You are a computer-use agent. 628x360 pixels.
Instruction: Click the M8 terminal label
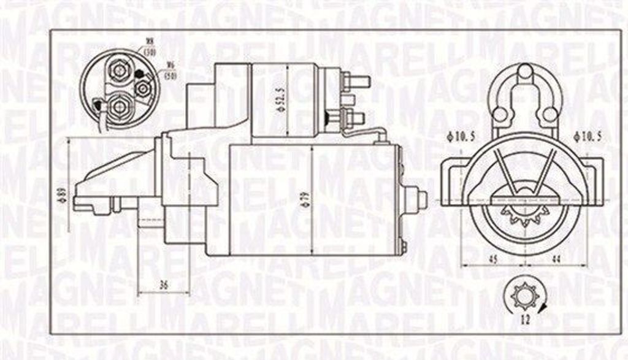coord(149,42)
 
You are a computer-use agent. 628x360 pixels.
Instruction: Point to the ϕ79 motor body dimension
coord(319,200)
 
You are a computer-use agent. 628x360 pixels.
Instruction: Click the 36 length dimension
coord(163,284)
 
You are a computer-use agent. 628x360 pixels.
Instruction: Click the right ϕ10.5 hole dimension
coord(588,136)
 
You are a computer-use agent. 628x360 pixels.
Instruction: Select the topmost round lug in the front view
coord(525,72)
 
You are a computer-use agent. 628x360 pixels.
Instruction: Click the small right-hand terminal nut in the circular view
coord(144,88)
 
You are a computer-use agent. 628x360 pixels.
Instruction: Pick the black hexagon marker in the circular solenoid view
coord(139,75)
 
